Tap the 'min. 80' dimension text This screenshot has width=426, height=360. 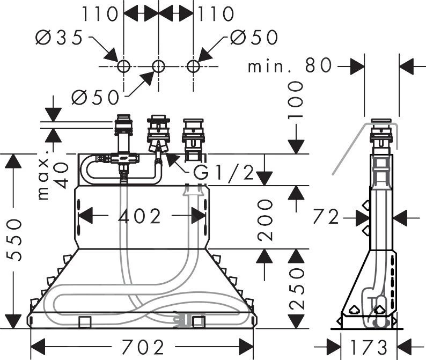click(x=290, y=67)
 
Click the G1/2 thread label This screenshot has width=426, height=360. click(x=223, y=173)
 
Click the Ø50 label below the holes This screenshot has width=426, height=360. click(x=95, y=97)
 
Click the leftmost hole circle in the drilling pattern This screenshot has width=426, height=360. click(x=123, y=67)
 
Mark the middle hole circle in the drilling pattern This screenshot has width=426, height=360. click(x=158, y=67)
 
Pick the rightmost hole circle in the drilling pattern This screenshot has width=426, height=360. click(x=193, y=67)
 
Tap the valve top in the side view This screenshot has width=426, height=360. click(x=381, y=121)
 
